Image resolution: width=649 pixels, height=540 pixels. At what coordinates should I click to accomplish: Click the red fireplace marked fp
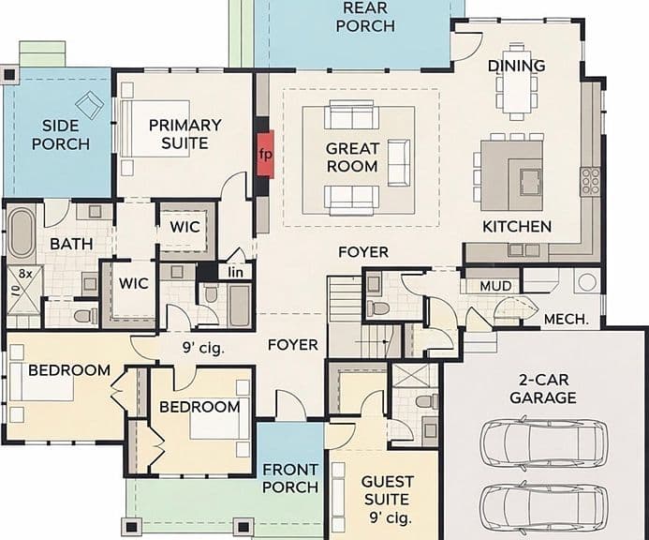click(x=265, y=154)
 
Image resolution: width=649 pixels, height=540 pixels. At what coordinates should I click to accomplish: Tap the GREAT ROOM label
click(x=352, y=157)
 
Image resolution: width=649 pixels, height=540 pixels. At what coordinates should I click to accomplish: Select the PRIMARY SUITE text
click(x=185, y=134)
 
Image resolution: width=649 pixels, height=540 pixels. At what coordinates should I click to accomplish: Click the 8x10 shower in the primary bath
click(x=24, y=292)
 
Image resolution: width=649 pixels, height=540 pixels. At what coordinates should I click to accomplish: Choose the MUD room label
click(x=495, y=286)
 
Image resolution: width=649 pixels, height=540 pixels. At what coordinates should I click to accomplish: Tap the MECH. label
click(x=567, y=319)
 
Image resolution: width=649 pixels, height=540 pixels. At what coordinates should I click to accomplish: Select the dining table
click(x=517, y=82)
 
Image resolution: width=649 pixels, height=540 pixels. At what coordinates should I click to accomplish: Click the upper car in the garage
click(x=544, y=443)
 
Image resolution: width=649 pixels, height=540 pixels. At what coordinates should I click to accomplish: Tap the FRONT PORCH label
click(x=290, y=478)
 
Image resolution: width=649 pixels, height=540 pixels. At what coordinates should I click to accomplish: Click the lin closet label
click(x=235, y=272)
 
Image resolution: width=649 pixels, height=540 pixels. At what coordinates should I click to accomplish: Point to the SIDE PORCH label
click(x=61, y=135)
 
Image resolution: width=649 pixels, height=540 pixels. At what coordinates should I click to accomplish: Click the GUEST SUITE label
click(x=388, y=490)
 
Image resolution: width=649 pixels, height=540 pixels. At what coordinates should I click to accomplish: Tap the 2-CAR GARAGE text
click(x=543, y=389)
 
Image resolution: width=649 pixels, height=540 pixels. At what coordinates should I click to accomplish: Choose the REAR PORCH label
click(x=365, y=17)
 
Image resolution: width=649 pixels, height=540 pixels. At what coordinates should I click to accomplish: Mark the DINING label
click(x=517, y=66)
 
